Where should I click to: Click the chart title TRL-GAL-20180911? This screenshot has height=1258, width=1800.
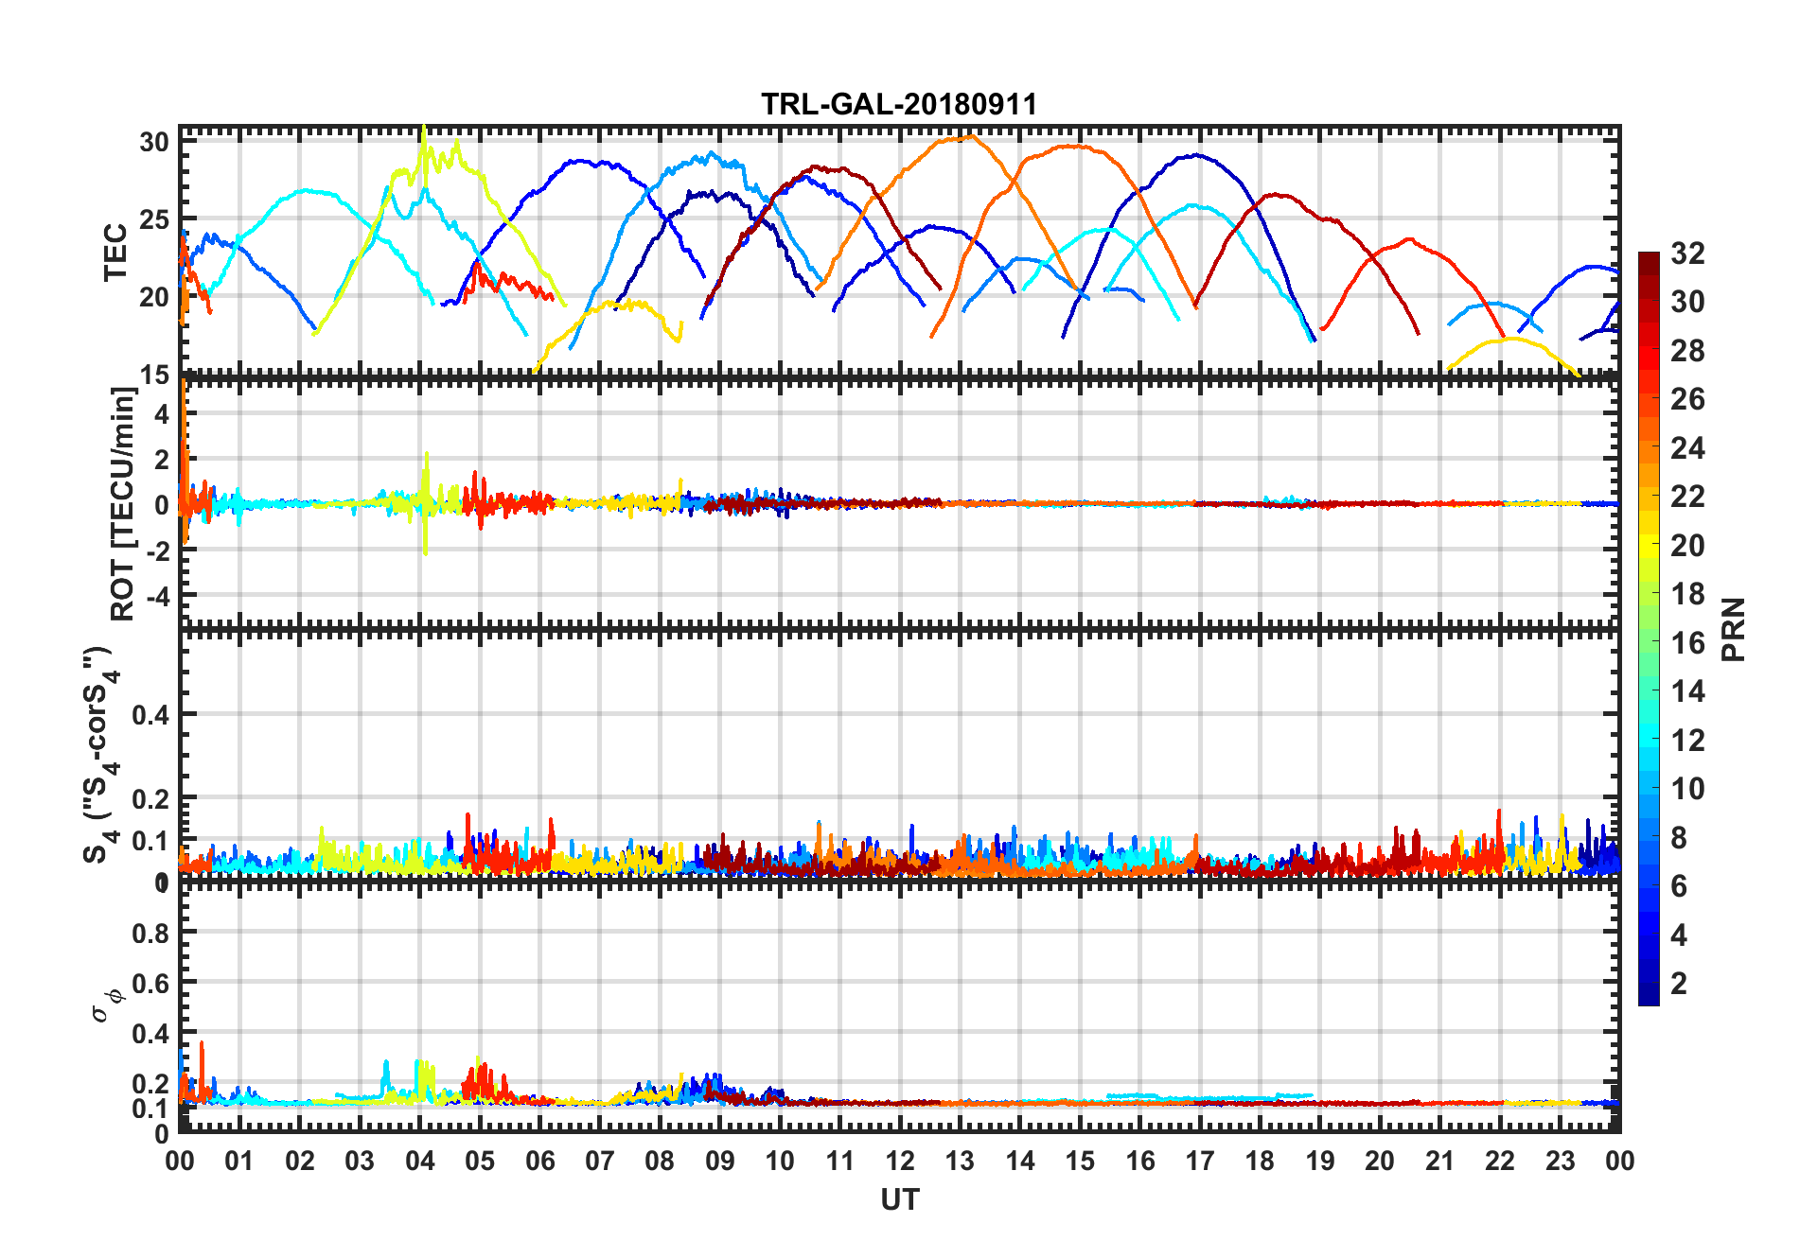coord(899,104)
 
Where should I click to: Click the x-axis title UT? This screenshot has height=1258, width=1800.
coord(899,1199)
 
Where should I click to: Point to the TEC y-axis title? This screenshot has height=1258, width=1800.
coord(115,252)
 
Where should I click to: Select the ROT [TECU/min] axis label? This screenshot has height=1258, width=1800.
coord(123,503)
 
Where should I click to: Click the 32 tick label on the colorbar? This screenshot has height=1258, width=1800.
coord(1687,253)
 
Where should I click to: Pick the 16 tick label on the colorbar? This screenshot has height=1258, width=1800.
coord(1687,643)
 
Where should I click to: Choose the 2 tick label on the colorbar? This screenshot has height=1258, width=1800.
coord(1679,984)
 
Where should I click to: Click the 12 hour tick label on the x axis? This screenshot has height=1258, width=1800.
coord(899,1161)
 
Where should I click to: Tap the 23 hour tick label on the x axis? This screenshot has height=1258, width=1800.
coord(1560,1161)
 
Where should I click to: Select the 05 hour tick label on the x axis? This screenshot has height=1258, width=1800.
coord(480,1161)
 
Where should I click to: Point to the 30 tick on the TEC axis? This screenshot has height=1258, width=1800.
coord(154,143)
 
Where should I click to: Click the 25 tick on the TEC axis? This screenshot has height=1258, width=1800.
coord(154,219)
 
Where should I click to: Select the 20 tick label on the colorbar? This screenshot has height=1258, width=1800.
coord(1687,546)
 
